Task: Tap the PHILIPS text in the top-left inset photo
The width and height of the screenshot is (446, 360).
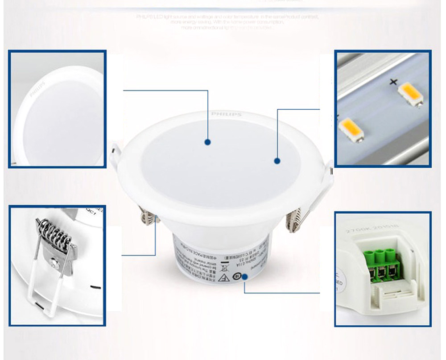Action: click(37, 89)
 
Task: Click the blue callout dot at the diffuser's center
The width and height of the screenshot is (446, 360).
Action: click(207, 142)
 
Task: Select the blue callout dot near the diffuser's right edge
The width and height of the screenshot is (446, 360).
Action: click(277, 161)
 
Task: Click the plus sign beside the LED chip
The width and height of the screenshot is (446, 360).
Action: click(393, 82)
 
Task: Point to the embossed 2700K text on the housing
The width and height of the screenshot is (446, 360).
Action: click(357, 231)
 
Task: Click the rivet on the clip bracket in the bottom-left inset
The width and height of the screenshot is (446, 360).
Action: click(54, 264)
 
